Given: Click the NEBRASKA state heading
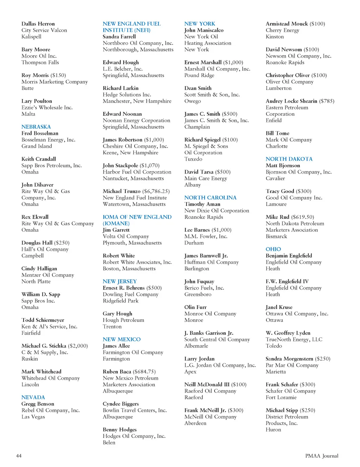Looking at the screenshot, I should (36, 127).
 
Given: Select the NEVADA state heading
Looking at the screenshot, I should (33, 397).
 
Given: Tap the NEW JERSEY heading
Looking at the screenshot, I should (120, 281).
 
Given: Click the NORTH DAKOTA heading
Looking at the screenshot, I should (289, 159).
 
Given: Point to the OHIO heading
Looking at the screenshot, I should (273, 249).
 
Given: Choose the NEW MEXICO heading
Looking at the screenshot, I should (122, 339).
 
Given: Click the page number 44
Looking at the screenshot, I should (19, 456).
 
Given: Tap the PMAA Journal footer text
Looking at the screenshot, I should (322, 456).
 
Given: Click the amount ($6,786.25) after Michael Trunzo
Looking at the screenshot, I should (156, 192).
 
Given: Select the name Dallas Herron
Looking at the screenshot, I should (38, 24).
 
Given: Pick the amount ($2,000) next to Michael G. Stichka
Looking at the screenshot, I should (78, 346).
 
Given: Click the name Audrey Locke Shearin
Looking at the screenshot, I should (291, 101).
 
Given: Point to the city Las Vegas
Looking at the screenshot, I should (33, 417).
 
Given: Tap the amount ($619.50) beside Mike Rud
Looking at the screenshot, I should (302, 217).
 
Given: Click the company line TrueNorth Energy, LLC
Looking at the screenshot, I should (294, 339).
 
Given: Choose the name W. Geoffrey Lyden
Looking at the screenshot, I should (288, 333).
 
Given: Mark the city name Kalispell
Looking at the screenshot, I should (31, 37).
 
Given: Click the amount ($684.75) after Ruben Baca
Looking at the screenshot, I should (144, 372).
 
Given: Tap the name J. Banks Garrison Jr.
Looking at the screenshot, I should (209, 333).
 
